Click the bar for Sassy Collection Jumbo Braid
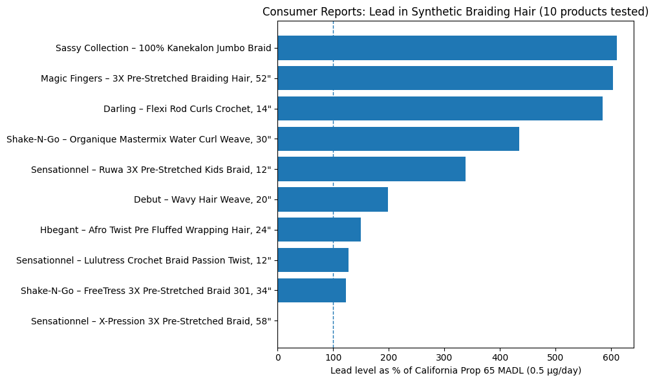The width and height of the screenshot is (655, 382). coord(447,48)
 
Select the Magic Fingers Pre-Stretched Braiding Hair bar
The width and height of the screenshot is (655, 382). coord(445,78)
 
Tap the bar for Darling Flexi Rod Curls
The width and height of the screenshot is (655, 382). coord(440,109)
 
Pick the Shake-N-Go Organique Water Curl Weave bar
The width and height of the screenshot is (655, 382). coord(398,139)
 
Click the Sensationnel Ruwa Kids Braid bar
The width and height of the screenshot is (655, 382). coord(371,169)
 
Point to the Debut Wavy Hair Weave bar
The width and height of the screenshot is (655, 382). coord(332,199)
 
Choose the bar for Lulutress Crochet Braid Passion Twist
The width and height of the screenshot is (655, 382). coord(313,260)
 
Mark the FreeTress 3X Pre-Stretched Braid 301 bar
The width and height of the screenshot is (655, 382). coord(312,291)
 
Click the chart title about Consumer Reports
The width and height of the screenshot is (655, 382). coord(455,12)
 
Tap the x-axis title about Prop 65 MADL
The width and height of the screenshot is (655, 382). coord(455,370)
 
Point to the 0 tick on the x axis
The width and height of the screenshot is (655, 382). coord(278,356)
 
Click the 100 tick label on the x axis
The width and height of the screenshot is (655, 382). coord(333,356)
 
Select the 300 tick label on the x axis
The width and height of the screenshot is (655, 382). coord(444,356)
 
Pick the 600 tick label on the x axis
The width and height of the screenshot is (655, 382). coord(611,356)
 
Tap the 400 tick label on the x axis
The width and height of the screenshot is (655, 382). coord(500,356)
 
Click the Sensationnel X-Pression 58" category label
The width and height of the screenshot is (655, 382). coord(151,321)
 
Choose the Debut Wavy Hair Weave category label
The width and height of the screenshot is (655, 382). coord(202,199)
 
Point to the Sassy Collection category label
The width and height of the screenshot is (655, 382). coord(163,48)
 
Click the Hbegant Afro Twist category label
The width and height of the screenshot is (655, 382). coord(155,230)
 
